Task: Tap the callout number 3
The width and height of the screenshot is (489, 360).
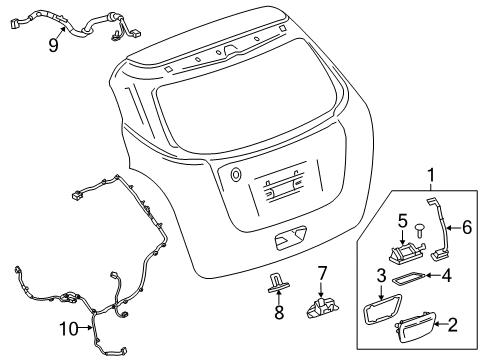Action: (x=382, y=303)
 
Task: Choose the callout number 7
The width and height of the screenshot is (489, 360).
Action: (x=322, y=272)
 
